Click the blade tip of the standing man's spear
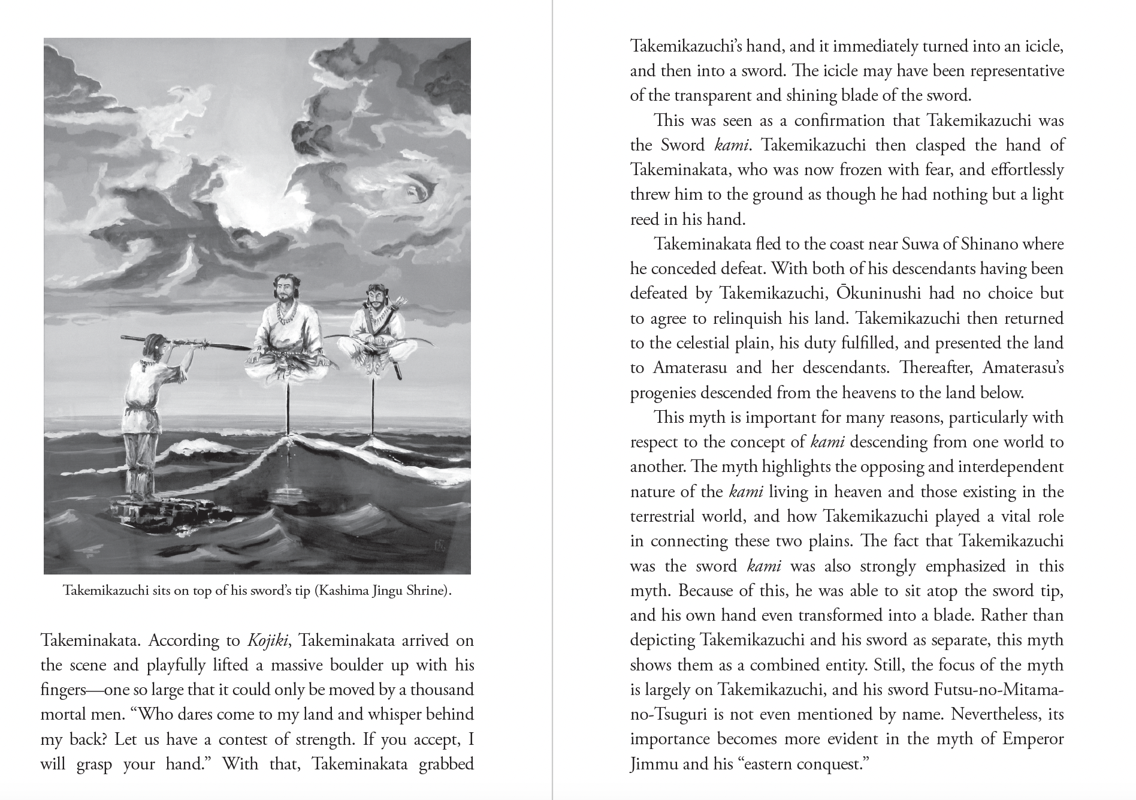pos(240,347)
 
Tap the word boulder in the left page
pos(334,665)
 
